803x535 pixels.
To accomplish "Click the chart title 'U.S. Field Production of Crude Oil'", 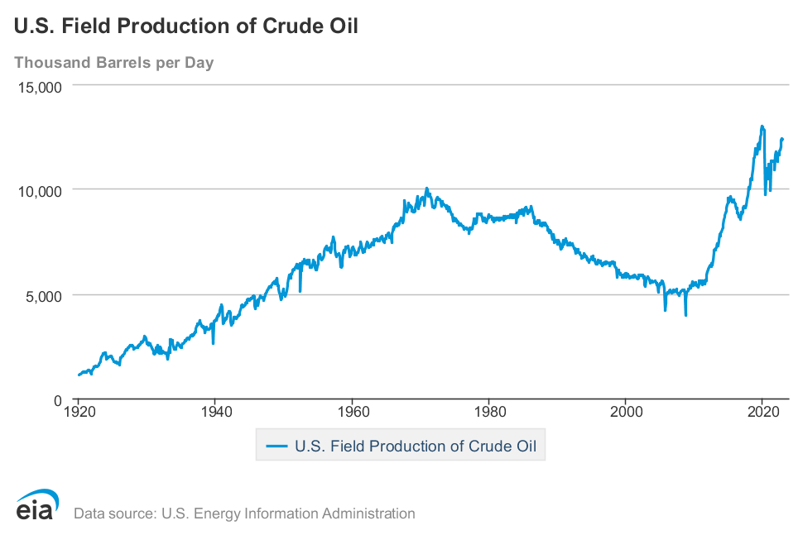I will click(185, 26).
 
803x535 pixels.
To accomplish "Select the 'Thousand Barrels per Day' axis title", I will click(114, 63).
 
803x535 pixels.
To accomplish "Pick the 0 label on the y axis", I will click(58, 400).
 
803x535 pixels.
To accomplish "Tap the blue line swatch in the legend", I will click(276, 447).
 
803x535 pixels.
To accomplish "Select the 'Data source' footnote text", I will click(244, 514).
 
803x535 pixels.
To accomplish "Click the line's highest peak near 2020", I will click(762, 127).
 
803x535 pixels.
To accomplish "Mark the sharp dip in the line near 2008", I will click(685, 315).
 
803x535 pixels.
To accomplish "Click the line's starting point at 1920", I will click(79, 375).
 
